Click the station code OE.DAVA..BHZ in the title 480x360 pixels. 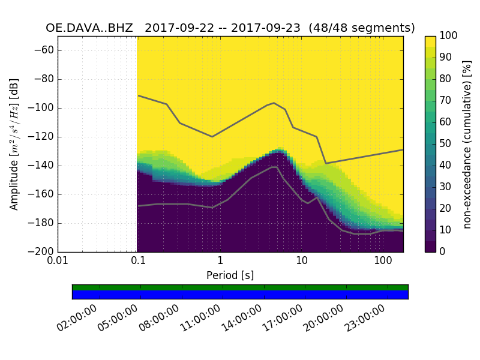[x=89, y=28]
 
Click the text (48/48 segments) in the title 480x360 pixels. [x=366, y=28]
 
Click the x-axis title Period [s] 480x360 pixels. [x=230, y=275]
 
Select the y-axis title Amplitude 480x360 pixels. [x=14, y=144]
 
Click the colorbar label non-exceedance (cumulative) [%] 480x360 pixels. [x=467, y=144]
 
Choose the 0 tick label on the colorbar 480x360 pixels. [x=443, y=252]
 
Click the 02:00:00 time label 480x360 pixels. [x=79, y=319]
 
